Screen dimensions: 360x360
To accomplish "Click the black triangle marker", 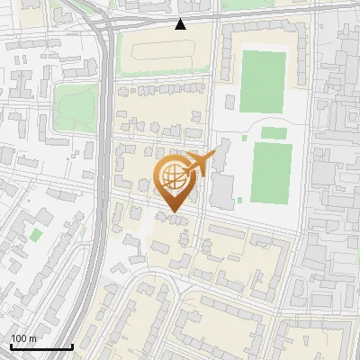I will click(181, 24).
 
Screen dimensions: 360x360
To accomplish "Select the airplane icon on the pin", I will click(199, 165).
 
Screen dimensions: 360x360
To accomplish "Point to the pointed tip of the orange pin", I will click(175, 212).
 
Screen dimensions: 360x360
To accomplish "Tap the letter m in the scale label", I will click(32, 338).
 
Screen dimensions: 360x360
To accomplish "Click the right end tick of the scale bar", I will click(72, 346).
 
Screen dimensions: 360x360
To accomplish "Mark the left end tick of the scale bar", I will click(11, 346).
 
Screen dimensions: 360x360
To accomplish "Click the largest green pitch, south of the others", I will click(271, 171).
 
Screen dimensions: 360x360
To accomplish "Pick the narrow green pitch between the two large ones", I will click(274, 133).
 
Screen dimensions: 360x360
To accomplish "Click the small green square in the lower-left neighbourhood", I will click(36, 234).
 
